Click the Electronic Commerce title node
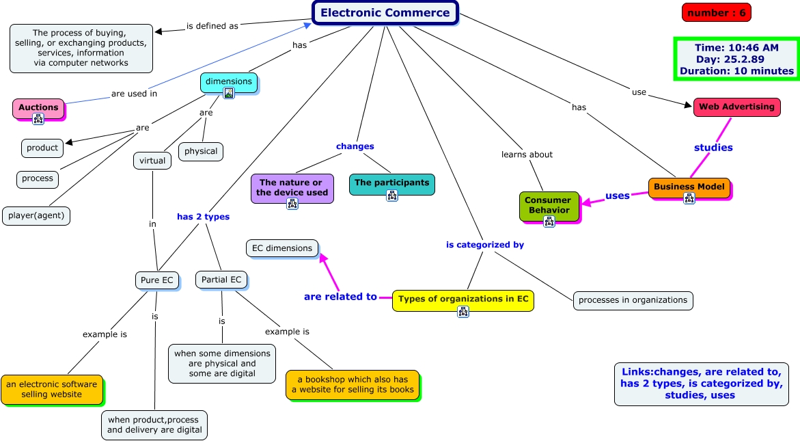click(385, 13)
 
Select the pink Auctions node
click(39, 108)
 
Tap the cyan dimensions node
click(229, 83)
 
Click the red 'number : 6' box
click(717, 13)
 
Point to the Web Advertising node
click(736, 107)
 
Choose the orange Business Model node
click(689, 188)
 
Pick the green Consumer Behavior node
click(549, 206)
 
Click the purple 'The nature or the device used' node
click(292, 188)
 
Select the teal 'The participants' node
click(392, 184)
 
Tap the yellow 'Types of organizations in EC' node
click(463, 300)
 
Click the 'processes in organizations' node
click(633, 300)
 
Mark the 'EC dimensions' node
click(282, 249)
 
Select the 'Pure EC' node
click(157, 280)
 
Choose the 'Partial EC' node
click(221, 280)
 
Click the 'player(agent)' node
click(36, 215)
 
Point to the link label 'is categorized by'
click(484, 245)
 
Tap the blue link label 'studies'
click(713, 148)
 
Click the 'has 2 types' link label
click(203, 217)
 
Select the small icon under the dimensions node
click(229, 93)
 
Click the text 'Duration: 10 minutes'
click(736, 71)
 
